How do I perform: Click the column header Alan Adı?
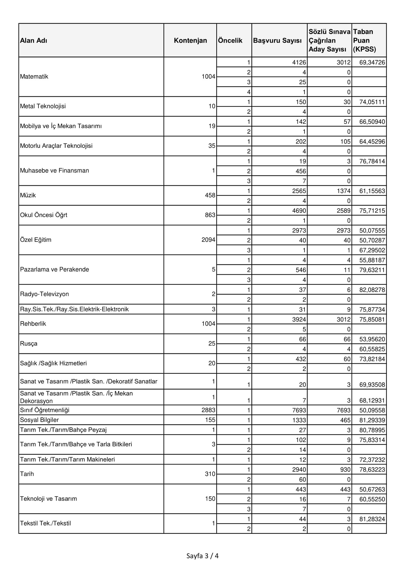click(34, 41)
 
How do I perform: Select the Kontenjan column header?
click(190, 41)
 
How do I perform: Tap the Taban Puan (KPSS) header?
click(365, 41)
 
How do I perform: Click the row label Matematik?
click(34, 77)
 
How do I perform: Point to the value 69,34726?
click(372, 62)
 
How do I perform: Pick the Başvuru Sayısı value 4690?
click(300, 211)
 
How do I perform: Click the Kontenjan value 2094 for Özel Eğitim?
click(208, 240)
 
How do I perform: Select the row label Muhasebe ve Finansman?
click(54, 171)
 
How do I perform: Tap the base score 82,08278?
click(372, 290)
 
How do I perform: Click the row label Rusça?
click(29, 344)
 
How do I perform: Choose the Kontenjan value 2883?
click(208, 410)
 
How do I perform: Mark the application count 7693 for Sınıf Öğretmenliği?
click(300, 410)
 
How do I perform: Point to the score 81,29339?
click(372, 420)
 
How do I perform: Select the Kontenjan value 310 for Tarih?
click(210, 474)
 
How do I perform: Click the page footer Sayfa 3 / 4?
click(202, 556)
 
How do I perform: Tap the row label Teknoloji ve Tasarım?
click(48, 499)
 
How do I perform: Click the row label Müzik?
click(28, 195)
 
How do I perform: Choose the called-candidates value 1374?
click(344, 191)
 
